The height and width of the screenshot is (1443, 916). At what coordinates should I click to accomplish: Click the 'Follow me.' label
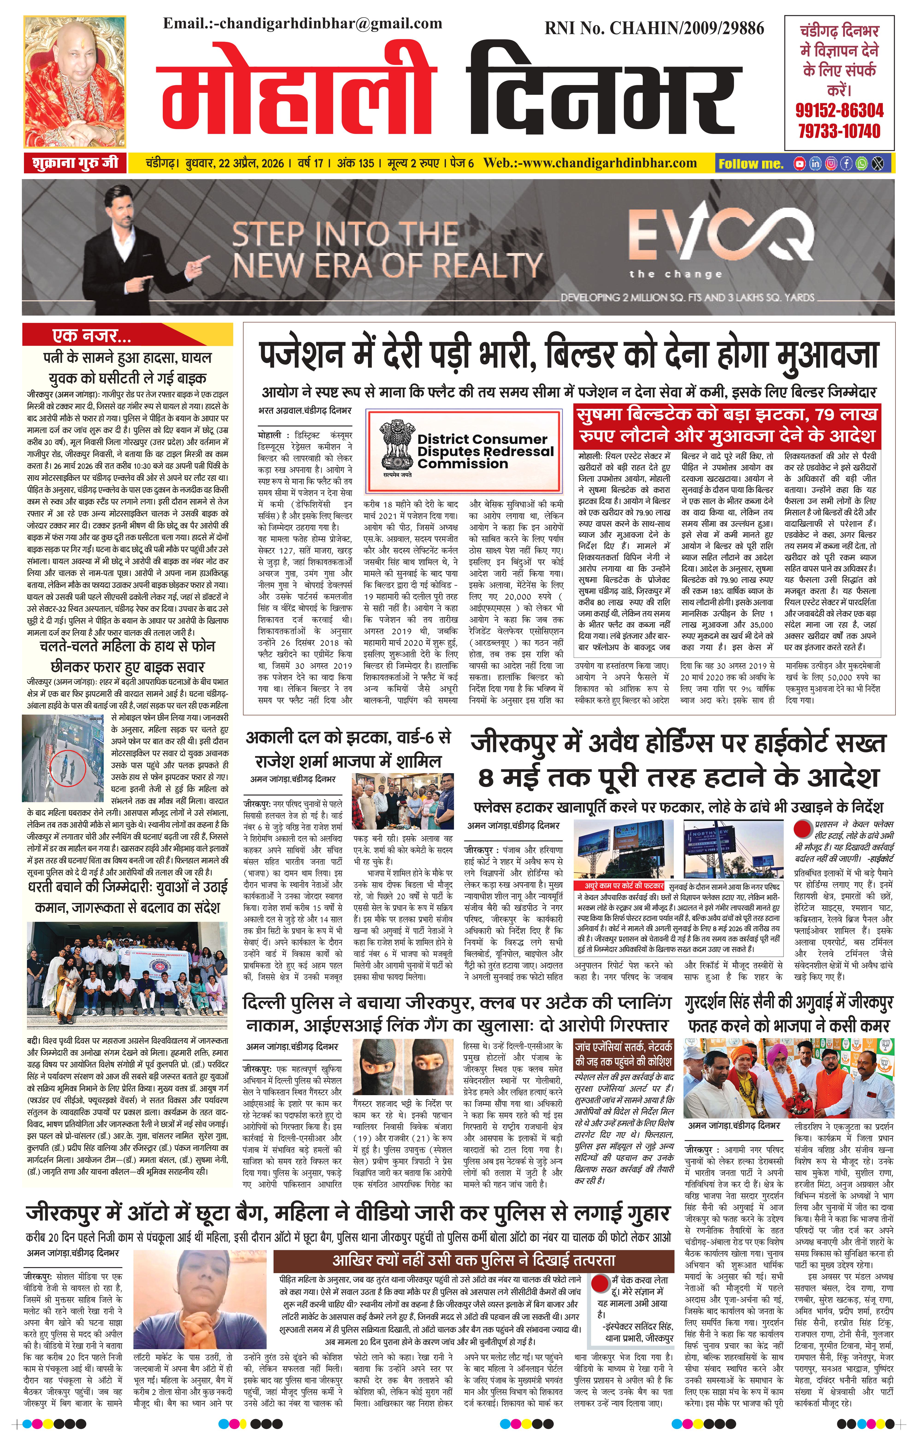click(x=751, y=164)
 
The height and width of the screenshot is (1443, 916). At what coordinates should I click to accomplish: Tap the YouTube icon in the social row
click(x=799, y=164)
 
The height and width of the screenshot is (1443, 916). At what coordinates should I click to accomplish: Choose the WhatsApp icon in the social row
click(x=861, y=164)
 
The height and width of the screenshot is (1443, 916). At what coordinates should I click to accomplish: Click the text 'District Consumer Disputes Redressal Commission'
click(x=485, y=451)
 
